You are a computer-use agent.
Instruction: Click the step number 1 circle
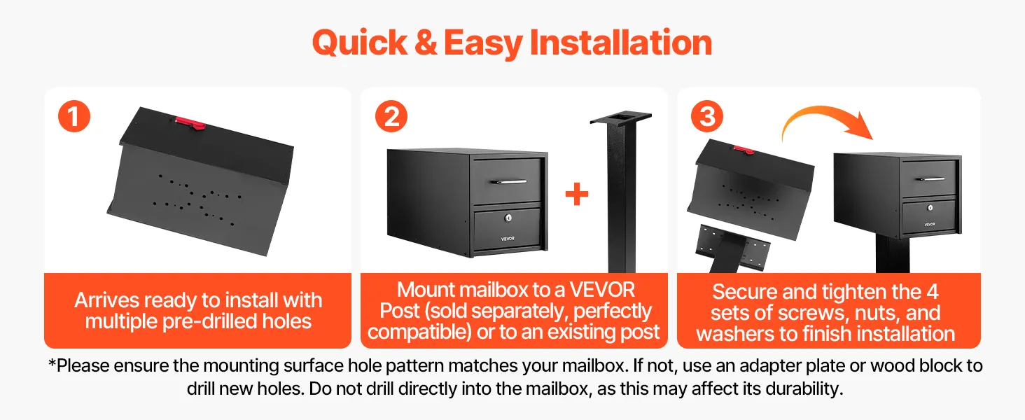tap(74, 116)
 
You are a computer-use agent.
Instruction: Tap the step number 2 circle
tap(391, 116)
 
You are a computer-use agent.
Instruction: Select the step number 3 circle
tap(707, 116)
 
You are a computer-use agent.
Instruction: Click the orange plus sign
tap(577, 195)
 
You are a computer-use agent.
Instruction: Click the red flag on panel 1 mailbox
tap(190, 122)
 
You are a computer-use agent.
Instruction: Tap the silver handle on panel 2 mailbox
tap(508, 181)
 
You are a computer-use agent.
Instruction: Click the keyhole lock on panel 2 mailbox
tap(508, 218)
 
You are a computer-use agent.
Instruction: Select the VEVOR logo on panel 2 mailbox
tap(508, 239)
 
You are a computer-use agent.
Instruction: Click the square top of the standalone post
tap(621, 118)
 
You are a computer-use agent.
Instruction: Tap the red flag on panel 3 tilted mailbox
tap(744, 150)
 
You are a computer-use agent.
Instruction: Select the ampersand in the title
tap(426, 43)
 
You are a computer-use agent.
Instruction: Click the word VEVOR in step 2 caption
tap(601, 290)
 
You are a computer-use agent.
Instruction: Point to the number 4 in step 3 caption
tap(932, 292)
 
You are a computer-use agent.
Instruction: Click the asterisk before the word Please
tap(53, 363)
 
